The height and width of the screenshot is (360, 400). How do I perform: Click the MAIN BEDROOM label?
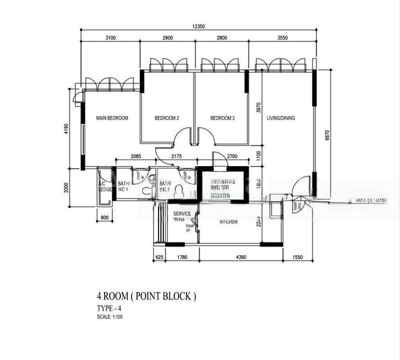(x=112, y=118)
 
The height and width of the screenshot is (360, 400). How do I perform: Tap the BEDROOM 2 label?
(x=167, y=118)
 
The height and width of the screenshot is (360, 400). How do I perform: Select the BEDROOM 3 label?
(x=222, y=118)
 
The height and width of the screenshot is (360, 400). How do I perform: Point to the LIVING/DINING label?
(x=280, y=118)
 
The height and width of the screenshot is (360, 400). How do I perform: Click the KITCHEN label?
(x=228, y=222)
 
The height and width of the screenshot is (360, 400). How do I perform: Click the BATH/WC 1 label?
(x=124, y=187)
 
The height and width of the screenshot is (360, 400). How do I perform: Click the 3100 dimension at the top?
(x=110, y=38)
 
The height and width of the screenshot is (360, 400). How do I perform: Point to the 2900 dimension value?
(x=167, y=38)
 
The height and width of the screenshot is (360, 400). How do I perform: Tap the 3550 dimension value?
(x=282, y=38)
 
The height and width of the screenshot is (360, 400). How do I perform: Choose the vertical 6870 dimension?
(x=327, y=136)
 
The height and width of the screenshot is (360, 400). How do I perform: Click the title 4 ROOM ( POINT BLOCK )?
(x=146, y=296)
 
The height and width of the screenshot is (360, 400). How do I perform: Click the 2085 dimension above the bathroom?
(x=135, y=157)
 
